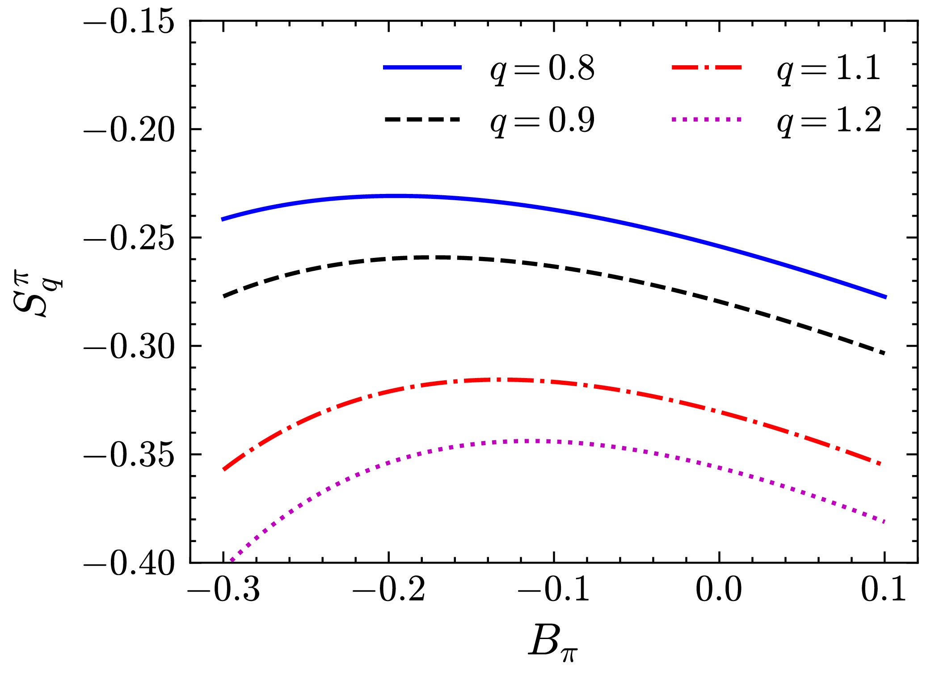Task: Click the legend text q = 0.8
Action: [x=542, y=70]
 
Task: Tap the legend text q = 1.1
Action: [x=829, y=70]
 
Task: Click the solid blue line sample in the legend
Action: [x=422, y=67]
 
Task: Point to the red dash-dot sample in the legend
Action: [x=706, y=67]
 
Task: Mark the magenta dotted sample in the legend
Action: [x=706, y=119]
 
